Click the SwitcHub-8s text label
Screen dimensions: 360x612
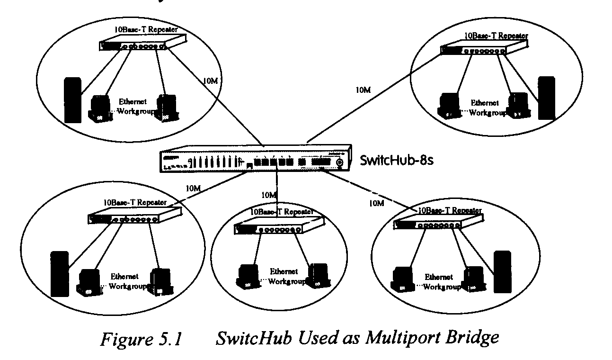397,159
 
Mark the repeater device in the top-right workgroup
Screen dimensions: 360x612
476,49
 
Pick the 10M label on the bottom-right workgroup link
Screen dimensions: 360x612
376,203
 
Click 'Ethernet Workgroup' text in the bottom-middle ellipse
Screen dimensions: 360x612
284,276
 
